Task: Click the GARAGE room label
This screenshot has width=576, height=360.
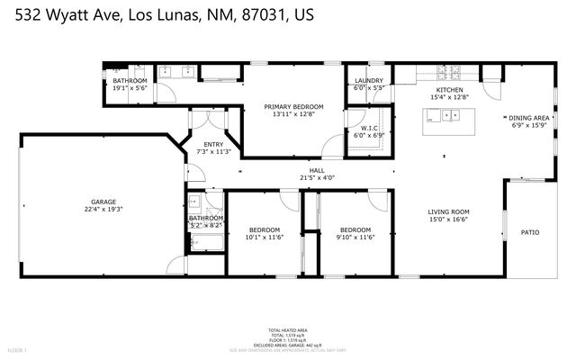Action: [103, 202]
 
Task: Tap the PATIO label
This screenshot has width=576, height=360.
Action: [530, 232]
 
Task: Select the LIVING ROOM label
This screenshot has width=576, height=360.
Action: [448, 212]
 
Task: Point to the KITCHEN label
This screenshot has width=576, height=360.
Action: [449, 90]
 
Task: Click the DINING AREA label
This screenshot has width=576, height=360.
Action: [529, 118]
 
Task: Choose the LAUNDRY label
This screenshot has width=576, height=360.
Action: [369, 81]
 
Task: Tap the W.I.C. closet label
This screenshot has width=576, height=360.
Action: [370, 128]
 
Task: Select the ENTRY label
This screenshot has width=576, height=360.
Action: [213, 144]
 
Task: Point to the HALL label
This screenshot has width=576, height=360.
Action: [317, 170]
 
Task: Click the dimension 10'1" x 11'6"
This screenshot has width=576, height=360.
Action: [264, 237]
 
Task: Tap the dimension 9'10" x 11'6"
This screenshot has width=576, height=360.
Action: [355, 237]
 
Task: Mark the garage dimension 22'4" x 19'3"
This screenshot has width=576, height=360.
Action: [103, 209]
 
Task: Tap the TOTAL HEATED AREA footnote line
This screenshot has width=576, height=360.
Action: [287, 331]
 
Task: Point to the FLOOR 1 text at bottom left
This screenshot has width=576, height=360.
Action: [17, 349]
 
